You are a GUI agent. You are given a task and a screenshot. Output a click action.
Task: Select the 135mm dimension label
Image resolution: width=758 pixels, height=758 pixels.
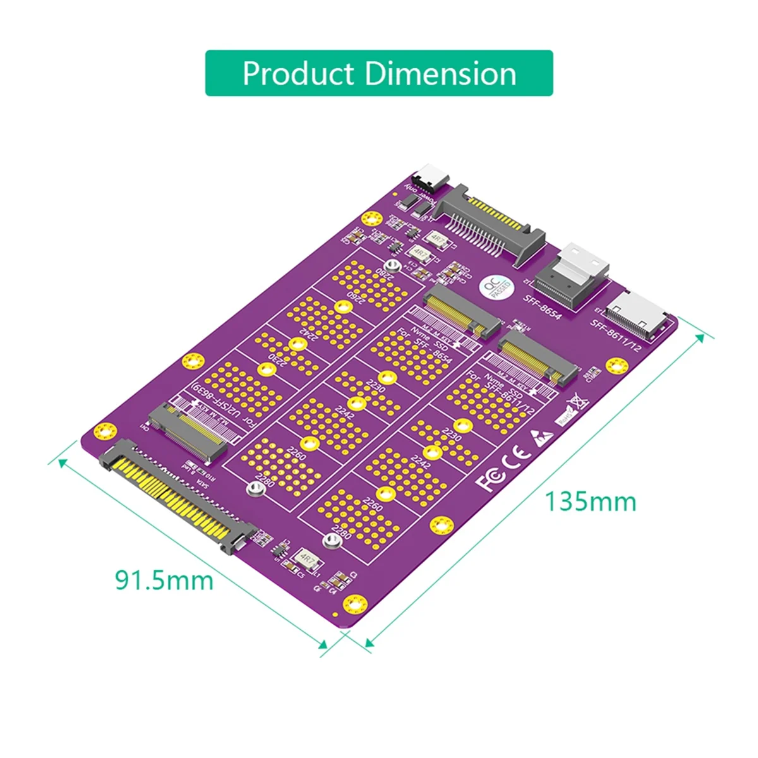pyautogui.click(x=591, y=502)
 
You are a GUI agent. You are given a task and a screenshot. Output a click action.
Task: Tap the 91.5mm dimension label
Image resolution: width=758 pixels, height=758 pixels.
pyautogui.click(x=164, y=579)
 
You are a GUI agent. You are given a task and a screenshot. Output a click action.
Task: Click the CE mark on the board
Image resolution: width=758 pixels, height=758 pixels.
pyautogui.click(x=514, y=458)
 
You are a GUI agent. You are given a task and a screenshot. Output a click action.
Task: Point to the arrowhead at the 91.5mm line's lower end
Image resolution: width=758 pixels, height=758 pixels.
pyautogui.click(x=325, y=645)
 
